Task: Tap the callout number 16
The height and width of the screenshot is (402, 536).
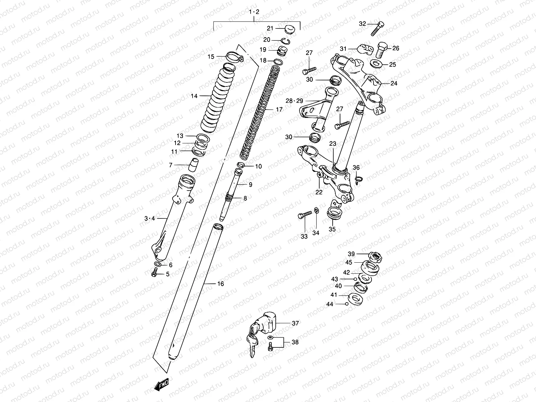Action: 220,284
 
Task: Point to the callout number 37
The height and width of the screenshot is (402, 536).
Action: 295,323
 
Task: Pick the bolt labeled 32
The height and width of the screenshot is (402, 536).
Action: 378,28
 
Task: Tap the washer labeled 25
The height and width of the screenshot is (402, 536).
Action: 377,64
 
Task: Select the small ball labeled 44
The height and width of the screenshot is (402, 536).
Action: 347,304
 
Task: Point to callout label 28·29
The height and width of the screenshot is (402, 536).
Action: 294,100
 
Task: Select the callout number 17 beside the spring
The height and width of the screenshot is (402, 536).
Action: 279,109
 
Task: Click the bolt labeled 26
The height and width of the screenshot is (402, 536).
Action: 381,50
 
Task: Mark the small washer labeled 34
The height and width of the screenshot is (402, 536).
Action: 316,211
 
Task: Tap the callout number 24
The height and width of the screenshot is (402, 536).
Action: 394,83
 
